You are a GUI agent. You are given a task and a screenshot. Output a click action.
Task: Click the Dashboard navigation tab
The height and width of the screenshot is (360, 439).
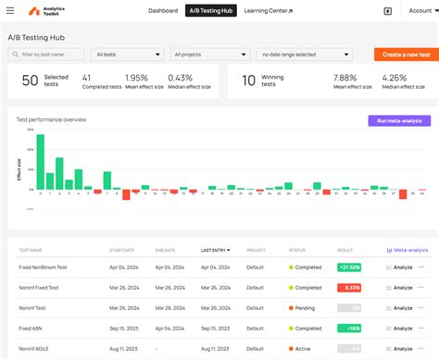pyautogui.click(x=163, y=11)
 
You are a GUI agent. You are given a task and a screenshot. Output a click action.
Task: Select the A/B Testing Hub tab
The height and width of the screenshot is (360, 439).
pyautogui.click(x=210, y=11)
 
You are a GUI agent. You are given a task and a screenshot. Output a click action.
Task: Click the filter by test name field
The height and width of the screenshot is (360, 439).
pyautogui.click(x=46, y=55)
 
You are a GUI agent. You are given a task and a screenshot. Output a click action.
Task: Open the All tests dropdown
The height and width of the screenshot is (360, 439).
pyautogui.click(x=127, y=55)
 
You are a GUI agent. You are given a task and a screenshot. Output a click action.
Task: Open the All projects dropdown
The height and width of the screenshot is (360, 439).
pyautogui.click(x=209, y=55)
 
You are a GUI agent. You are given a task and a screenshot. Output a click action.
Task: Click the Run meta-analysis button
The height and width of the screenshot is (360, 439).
pyautogui.click(x=398, y=120)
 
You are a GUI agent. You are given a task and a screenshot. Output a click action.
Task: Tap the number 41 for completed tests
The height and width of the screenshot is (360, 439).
pyautogui.click(x=87, y=77)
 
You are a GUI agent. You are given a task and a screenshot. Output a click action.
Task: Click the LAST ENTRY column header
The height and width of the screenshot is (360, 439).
pyautogui.click(x=216, y=250)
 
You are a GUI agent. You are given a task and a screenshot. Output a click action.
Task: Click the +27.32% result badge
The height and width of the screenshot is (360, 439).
pyautogui.click(x=349, y=267)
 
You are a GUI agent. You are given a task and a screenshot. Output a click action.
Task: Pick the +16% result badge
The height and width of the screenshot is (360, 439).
pyautogui.click(x=352, y=329)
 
